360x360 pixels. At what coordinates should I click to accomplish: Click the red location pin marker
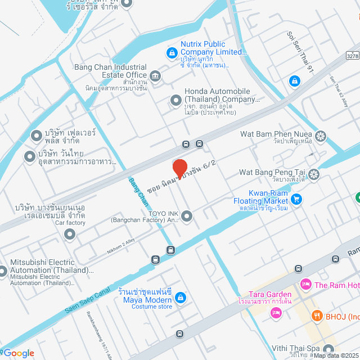[179, 168]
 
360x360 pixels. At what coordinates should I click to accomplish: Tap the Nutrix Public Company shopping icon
[171, 53]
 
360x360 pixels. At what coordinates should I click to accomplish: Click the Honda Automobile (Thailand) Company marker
[176, 100]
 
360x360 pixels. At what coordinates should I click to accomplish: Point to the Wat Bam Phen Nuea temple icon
[320, 136]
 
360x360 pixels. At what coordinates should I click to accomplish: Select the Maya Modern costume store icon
[179, 296]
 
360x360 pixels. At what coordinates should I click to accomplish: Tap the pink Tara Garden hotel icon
[276, 313]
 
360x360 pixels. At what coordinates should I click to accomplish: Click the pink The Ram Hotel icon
[305, 285]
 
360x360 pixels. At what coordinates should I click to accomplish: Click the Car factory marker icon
[70, 234]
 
